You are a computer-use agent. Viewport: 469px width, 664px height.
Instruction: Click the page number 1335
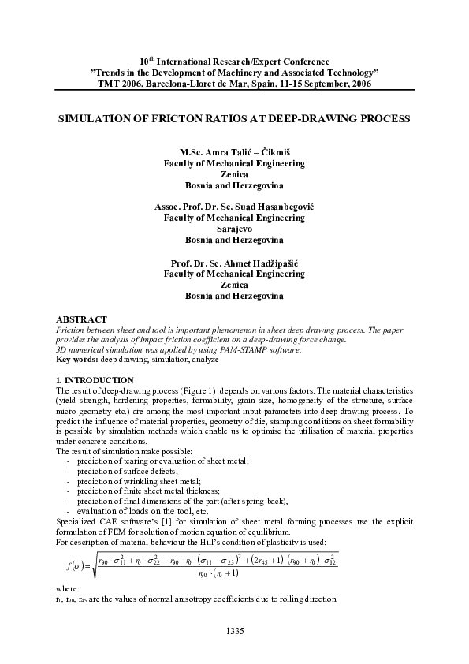pyautogui.click(x=235, y=630)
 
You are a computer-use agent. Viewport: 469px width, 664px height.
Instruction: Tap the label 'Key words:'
pyautogui.click(x=73, y=359)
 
